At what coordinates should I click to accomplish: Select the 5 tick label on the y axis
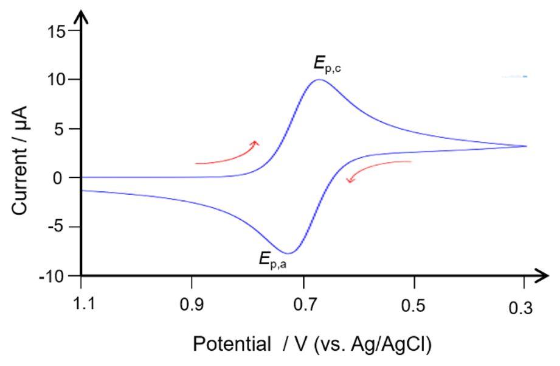66,129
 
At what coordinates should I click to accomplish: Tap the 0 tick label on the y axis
66,178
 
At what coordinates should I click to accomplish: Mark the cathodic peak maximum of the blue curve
318,80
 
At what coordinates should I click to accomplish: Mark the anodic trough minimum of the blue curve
289,253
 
